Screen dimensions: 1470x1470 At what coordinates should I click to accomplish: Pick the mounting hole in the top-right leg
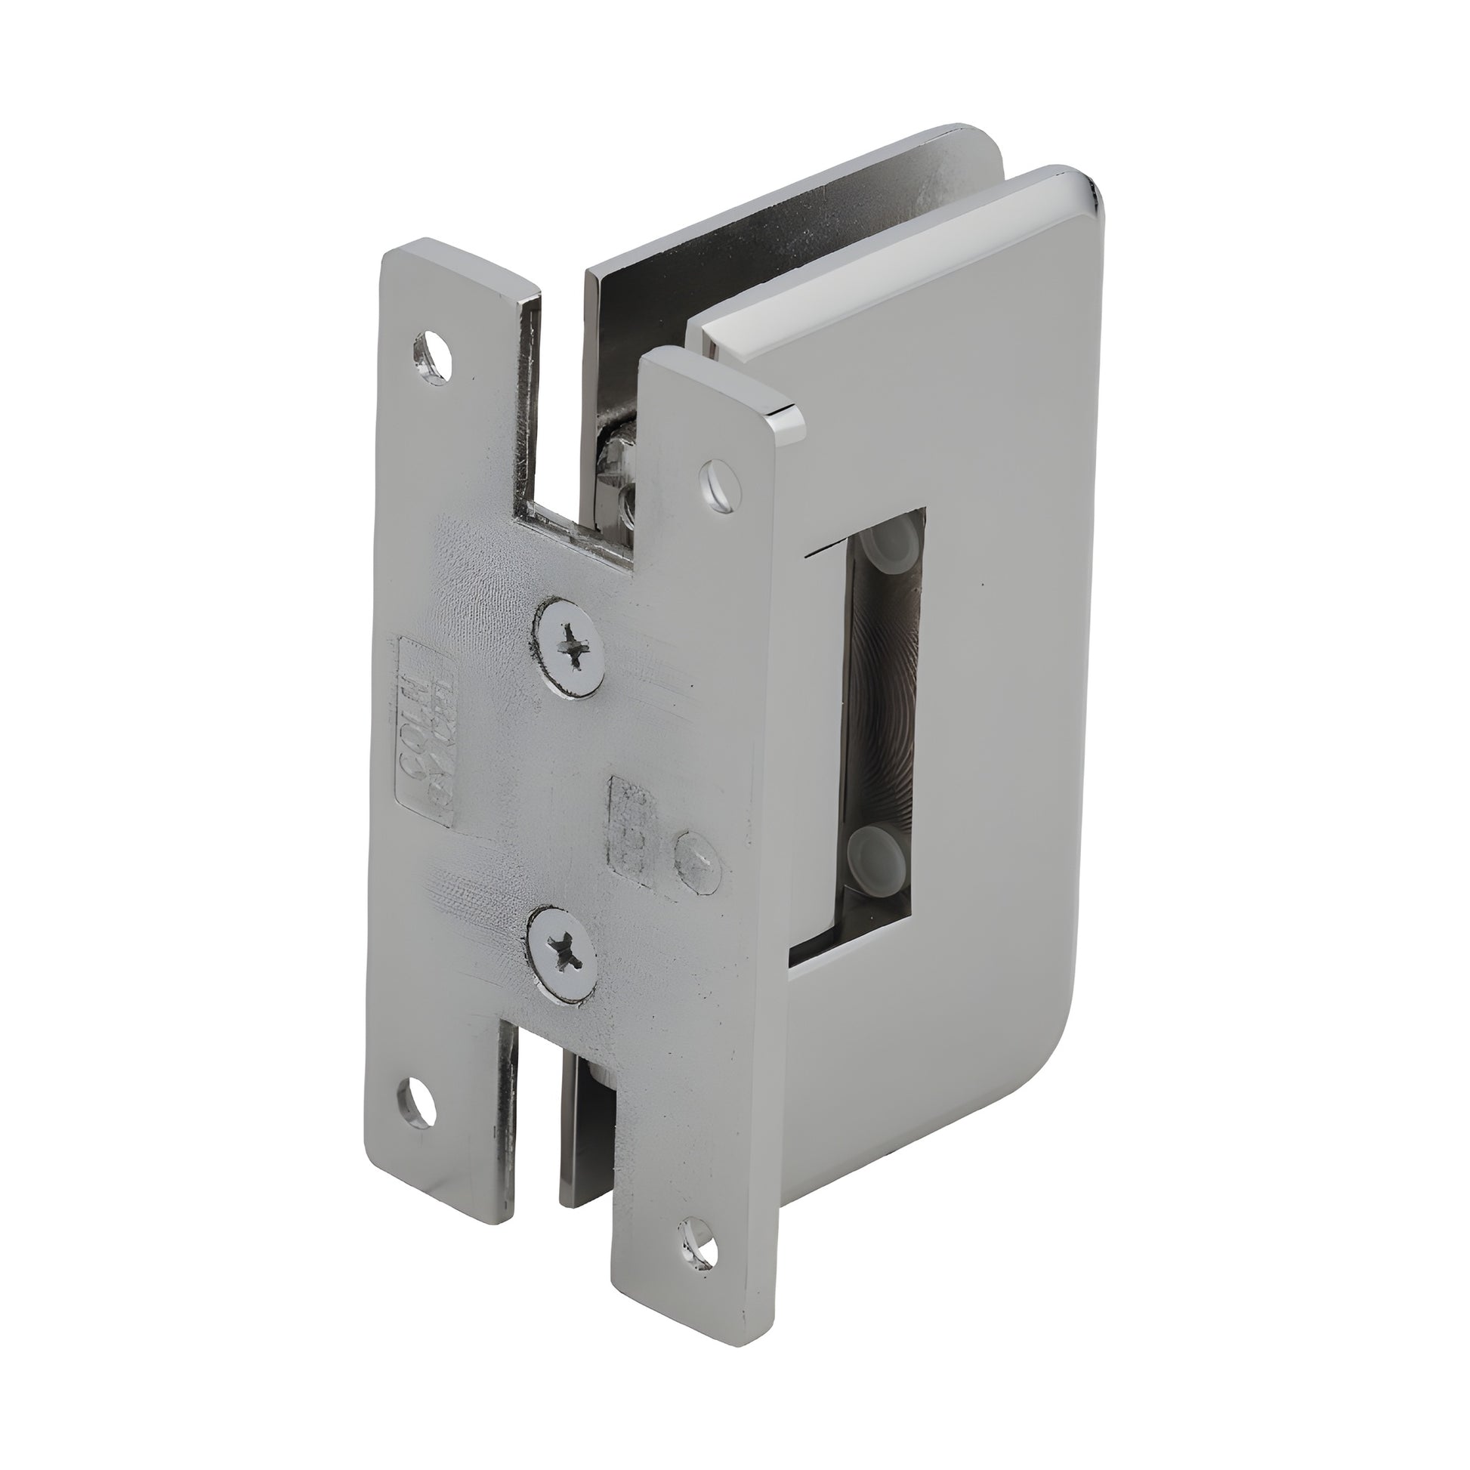coord(717,478)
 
